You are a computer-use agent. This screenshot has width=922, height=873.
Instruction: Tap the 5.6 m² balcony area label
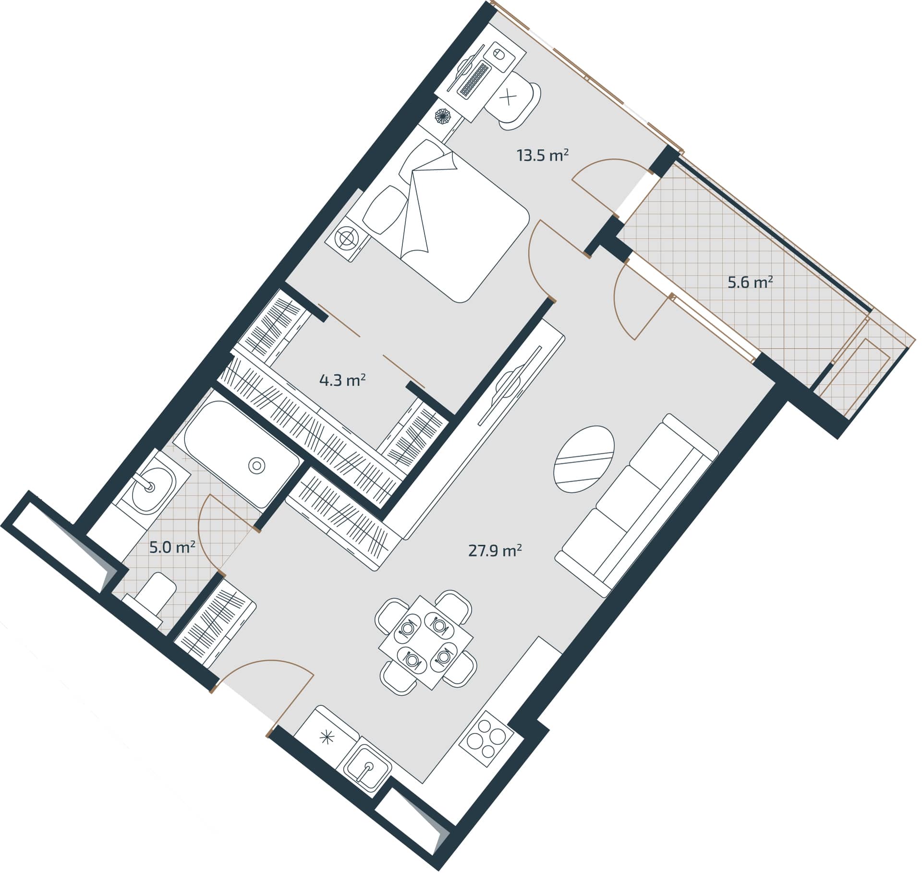click(x=750, y=282)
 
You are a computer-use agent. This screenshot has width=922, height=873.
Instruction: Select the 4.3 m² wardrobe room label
click(x=342, y=380)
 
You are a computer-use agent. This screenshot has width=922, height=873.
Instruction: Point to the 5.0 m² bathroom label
click(x=171, y=547)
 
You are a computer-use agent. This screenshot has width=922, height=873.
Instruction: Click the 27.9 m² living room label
click(x=495, y=550)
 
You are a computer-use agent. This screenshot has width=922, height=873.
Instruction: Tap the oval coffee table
click(x=584, y=459)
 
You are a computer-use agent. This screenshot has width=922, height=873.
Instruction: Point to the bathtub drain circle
click(x=256, y=465)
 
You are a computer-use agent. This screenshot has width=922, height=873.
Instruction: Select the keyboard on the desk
click(x=474, y=80)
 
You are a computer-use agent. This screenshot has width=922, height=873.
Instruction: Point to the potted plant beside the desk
click(x=443, y=116)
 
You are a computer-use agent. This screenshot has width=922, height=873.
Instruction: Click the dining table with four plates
click(x=425, y=643)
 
